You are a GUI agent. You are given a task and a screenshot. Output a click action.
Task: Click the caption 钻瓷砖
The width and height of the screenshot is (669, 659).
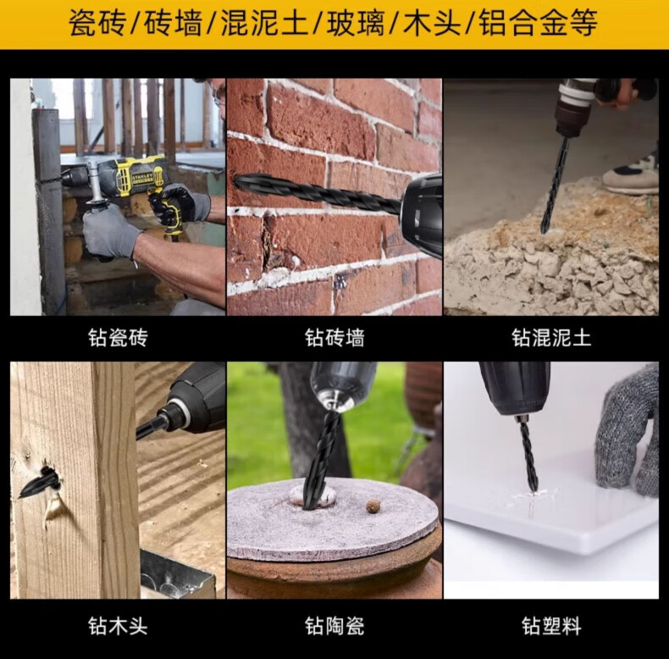point(119,337)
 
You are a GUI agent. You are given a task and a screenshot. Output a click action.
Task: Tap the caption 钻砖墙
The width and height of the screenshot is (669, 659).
point(334,337)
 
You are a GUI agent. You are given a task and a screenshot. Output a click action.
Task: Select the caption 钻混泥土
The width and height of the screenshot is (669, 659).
point(551,337)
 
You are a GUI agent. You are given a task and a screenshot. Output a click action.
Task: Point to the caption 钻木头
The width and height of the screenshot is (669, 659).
point(119,626)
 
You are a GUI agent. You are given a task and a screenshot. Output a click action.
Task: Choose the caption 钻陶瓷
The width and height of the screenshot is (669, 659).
point(334,626)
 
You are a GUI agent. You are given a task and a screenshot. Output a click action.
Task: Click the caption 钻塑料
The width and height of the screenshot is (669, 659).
point(551,626)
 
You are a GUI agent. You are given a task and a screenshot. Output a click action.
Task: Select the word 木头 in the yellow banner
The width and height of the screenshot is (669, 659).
point(431,23)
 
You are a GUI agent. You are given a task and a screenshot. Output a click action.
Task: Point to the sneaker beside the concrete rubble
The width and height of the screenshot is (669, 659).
point(632,173)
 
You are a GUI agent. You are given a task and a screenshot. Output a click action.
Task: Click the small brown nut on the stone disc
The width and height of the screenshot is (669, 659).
point(373,507)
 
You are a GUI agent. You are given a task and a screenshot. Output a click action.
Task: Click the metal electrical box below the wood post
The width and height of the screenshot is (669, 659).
point(176,574)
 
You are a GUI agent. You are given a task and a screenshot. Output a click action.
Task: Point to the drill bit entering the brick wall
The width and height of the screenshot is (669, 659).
point(317,193)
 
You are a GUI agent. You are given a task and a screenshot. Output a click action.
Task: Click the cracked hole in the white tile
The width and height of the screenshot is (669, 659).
point(531,496)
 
